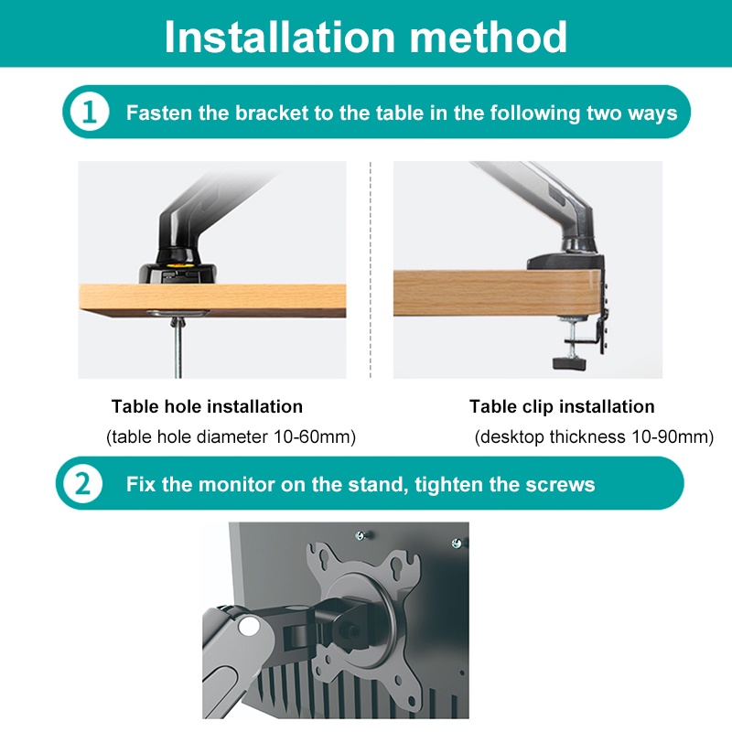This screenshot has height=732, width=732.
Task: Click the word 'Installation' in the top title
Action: pos(280,37)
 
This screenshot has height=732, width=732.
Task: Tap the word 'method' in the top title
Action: pos(489,37)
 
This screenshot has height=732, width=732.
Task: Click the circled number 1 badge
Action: pos(89,112)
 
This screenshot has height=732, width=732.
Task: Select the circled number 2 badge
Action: pos(82,484)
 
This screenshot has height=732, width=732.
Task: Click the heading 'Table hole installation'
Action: pos(208,406)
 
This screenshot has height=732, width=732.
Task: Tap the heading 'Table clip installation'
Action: pos(562,406)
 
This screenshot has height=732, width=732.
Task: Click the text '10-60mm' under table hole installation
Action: pos(312,437)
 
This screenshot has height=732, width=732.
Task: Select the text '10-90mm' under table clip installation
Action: pos(670,437)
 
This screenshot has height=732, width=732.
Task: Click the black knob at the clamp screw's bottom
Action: pos(570,363)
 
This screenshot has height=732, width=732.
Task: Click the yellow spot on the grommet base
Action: pos(177,265)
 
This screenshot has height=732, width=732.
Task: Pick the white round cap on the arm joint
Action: pos(248,626)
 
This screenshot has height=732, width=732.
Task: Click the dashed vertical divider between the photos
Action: pos(371,270)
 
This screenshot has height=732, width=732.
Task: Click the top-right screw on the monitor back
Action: pos(457,543)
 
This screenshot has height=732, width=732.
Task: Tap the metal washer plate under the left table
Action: pos(178,313)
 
